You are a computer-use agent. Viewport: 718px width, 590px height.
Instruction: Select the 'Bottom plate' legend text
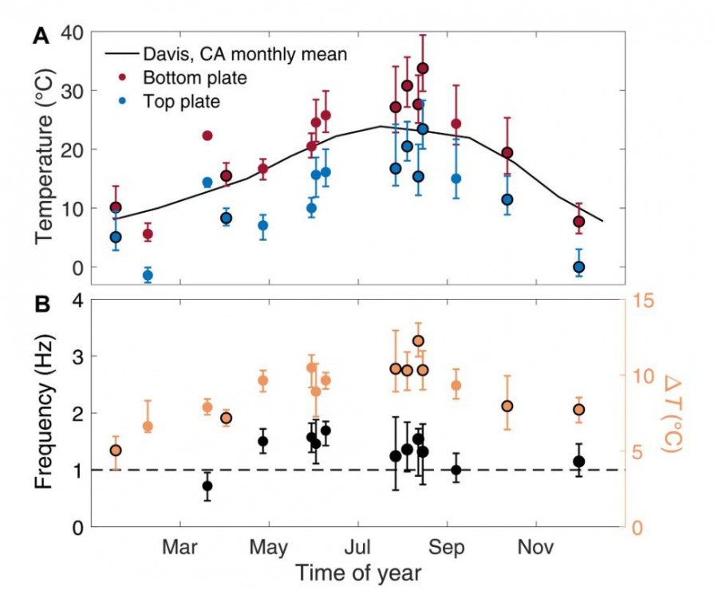tap(195, 78)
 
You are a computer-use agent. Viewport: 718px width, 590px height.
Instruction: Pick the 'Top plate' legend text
tap(181, 101)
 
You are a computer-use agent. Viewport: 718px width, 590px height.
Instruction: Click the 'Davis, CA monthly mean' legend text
tap(245, 54)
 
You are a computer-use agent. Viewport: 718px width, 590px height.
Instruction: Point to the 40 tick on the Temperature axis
tap(72, 33)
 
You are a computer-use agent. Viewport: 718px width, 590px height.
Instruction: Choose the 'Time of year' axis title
tap(357, 572)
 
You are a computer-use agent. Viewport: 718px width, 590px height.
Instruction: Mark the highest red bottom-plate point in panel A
tap(423, 69)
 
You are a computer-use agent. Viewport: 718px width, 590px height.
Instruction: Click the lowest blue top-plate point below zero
tap(148, 275)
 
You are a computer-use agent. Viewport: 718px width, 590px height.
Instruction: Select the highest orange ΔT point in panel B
tap(418, 341)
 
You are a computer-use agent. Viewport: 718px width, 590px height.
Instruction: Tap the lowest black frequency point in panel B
tap(207, 486)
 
